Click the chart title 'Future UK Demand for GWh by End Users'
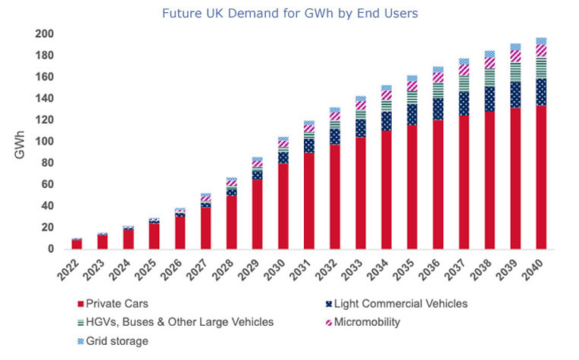289,14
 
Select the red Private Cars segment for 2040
541,177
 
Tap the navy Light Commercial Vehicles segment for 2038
490,99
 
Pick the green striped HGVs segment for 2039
515,72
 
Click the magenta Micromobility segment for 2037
464,70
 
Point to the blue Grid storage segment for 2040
541,41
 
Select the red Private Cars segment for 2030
283,206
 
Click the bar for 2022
77,244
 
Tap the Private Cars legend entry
113,304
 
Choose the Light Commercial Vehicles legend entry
396,304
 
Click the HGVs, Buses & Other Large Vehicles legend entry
175,322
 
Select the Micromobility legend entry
363,322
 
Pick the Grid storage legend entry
113,341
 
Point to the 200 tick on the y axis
44,34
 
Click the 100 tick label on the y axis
44,142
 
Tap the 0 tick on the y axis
51,249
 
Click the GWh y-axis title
20,145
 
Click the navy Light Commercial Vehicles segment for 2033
361,129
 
